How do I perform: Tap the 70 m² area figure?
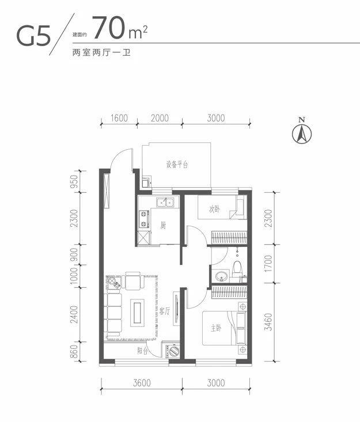(119, 28)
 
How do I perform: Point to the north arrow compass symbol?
(301, 132)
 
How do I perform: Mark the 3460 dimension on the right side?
(268, 324)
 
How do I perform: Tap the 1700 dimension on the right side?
(268, 267)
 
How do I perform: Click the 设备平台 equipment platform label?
(177, 165)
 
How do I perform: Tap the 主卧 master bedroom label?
(216, 329)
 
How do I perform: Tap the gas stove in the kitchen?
(142, 218)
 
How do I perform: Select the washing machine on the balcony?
(171, 351)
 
